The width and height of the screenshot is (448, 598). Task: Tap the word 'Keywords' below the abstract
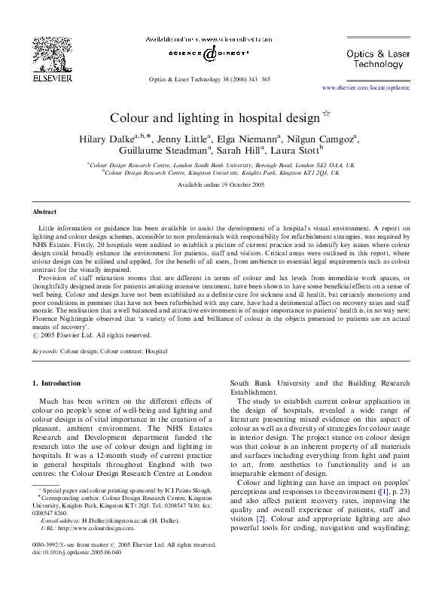tap(45, 351)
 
